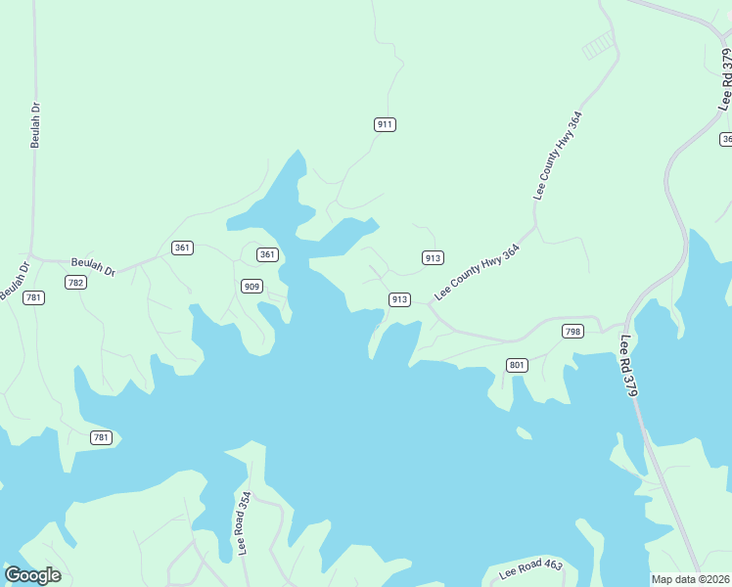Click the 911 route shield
click(x=385, y=124)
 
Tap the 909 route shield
click(x=252, y=286)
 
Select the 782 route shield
click(x=75, y=282)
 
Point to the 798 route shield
click(x=573, y=332)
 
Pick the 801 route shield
click(x=518, y=365)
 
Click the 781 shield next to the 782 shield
click(x=34, y=297)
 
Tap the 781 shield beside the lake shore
click(x=100, y=437)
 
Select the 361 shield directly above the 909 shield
click(x=267, y=254)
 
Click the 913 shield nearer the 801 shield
click(x=399, y=299)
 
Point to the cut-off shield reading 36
click(x=726, y=139)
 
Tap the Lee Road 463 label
click(x=529, y=568)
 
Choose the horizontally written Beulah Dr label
click(x=93, y=266)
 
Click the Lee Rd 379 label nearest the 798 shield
click(x=630, y=366)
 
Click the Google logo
click(x=32, y=575)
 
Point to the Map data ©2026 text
click(x=691, y=579)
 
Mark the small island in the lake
click(x=524, y=432)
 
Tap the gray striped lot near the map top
click(x=600, y=44)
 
